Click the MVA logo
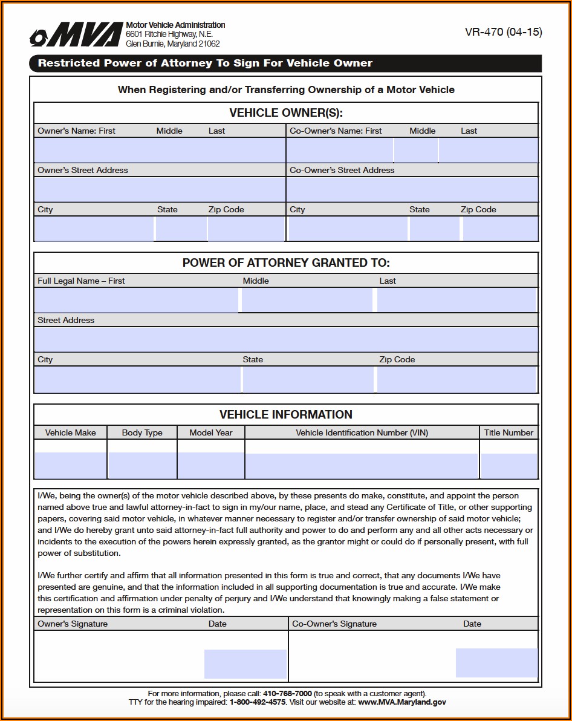coord(76,36)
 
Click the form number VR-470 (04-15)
coord(503,33)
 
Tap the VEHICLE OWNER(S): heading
coord(286,113)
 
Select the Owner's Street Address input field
coord(160,189)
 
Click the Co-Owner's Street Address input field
coord(412,189)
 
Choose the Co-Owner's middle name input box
coord(416,150)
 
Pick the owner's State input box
coord(181,229)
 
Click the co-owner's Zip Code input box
coord(500,229)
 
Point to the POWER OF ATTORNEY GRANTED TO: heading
coord(286,263)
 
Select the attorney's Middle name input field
coord(307,300)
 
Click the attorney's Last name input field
coord(457,300)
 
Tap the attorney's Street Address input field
coord(286,339)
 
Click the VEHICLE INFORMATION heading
coord(286,414)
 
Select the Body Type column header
coord(142,432)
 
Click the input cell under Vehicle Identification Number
coord(362,466)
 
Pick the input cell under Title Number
coord(509,466)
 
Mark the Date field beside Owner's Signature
coord(245,664)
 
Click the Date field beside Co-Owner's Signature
coord(496,662)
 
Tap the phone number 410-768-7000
coord(287,693)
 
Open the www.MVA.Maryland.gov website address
coord(402,702)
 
